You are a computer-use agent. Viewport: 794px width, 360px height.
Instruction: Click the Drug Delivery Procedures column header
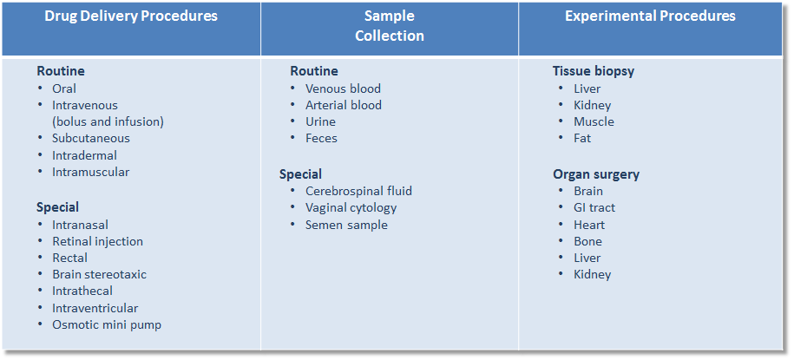pyautogui.click(x=131, y=16)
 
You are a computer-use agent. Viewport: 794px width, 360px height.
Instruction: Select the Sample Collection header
pyautogui.click(x=390, y=26)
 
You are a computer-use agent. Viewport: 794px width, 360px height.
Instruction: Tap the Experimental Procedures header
pyautogui.click(x=650, y=16)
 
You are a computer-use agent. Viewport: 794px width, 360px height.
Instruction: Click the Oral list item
pyautogui.click(x=64, y=88)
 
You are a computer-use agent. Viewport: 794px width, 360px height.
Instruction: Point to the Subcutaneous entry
pyautogui.click(x=91, y=138)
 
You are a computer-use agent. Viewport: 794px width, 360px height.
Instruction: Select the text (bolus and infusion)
pyautogui.click(x=108, y=122)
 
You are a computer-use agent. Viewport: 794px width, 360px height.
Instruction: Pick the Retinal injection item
pyautogui.click(x=98, y=241)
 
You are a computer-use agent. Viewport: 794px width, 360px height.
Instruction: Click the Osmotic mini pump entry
pyautogui.click(x=107, y=324)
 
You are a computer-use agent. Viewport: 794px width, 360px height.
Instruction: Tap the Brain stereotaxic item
pyautogui.click(x=99, y=274)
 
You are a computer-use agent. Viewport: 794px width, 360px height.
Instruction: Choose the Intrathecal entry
pyautogui.click(x=82, y=291)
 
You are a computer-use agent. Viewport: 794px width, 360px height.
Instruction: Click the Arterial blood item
pyautogui.click(x=344, y=105)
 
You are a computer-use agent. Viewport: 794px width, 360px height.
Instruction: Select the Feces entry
pyautogui.click(x=321, y=138)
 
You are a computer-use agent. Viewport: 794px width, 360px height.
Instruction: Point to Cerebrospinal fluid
pyautogui.click(x=358, y=191)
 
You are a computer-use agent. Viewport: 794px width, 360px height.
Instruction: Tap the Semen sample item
pyautogui.click(x=346, y=225)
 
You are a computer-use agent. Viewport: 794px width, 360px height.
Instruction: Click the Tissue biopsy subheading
pyautogui.click(x=594, y=71)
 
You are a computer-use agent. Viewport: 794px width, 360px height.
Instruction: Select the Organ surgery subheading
pyautogui.click(x=596, y=174)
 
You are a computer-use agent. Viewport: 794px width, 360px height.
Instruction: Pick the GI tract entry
pyautogui.click(x=594, y=207)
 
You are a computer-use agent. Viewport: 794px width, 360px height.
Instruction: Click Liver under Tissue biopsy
pyautogui.click(x=587, y=88)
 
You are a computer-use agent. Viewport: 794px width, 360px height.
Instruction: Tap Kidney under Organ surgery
pyautogui.click(x=593, y=274)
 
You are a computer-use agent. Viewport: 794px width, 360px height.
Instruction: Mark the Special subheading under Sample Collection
pyautogui.click(x=300, y=174)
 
